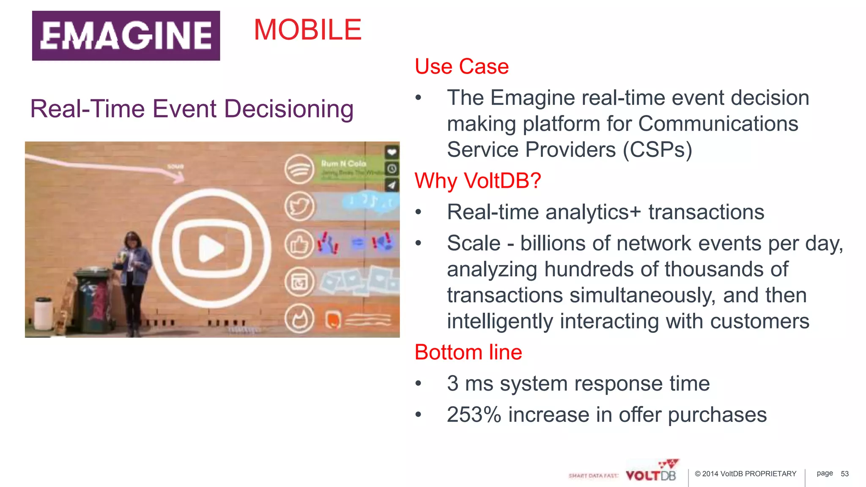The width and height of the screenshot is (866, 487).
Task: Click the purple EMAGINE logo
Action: [126, 36]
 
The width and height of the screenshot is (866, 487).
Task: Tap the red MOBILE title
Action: [307, 30]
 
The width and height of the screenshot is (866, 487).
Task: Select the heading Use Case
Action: [461, 66]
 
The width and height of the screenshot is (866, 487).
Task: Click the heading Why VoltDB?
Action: [477, 181]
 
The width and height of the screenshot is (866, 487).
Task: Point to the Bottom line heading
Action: [468, 352]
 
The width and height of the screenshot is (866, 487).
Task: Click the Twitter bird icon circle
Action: [299, 207]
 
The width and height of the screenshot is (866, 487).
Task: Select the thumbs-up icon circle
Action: [299, 244]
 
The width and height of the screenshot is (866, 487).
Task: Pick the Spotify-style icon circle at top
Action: [299, 170]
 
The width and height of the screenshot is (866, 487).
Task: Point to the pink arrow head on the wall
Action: [179, 175]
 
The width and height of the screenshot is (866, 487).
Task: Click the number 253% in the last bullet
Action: [474, 415]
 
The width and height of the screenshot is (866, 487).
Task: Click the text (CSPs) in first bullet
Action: [657, 150]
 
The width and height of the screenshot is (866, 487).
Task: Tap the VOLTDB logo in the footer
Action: [651, 475]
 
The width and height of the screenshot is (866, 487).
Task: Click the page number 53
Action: [844, 474]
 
